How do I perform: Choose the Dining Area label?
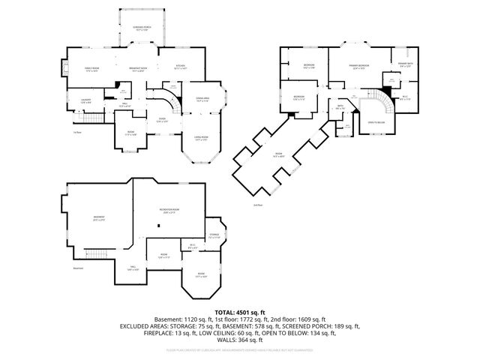(202, 99)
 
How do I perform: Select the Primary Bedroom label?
(360, 67)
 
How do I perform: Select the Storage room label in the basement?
(214, 236)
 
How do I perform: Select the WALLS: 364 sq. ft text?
(240, 338)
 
